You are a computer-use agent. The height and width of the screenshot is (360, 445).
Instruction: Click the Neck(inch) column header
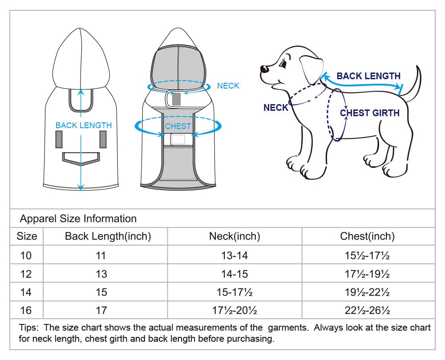click(x=235, y=236)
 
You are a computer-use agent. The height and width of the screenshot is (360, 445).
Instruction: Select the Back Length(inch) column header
click(x=108, y=236)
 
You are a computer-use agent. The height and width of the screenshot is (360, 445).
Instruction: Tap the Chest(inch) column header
click(x=367, y=236)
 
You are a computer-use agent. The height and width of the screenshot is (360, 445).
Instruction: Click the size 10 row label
click(x=26, y=255)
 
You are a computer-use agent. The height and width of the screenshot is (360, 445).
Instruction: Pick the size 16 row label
click(x=26, y=310)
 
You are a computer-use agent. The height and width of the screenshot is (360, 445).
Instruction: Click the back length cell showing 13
click(x=101, y=274)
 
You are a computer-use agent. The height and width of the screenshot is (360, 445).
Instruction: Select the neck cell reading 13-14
click(x=235, y=255)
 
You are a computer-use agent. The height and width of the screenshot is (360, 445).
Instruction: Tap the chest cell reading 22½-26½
click(x=367, y=310)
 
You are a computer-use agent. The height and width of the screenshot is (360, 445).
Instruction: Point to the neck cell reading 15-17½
click(x=235, y=292)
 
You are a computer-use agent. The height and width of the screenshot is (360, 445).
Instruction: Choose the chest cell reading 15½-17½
click(x=367, y=255)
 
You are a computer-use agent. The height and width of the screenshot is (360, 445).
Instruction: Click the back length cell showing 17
click(x=101, y=310)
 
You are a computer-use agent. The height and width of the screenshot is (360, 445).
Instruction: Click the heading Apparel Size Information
click(x=78, y=218)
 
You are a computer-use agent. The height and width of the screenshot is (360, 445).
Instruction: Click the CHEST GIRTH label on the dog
click(x=369, y=113)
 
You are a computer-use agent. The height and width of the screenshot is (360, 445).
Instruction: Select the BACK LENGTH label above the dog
click(x=368, y=76)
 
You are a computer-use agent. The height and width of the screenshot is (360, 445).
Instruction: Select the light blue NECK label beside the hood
click(x=228, y=86)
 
